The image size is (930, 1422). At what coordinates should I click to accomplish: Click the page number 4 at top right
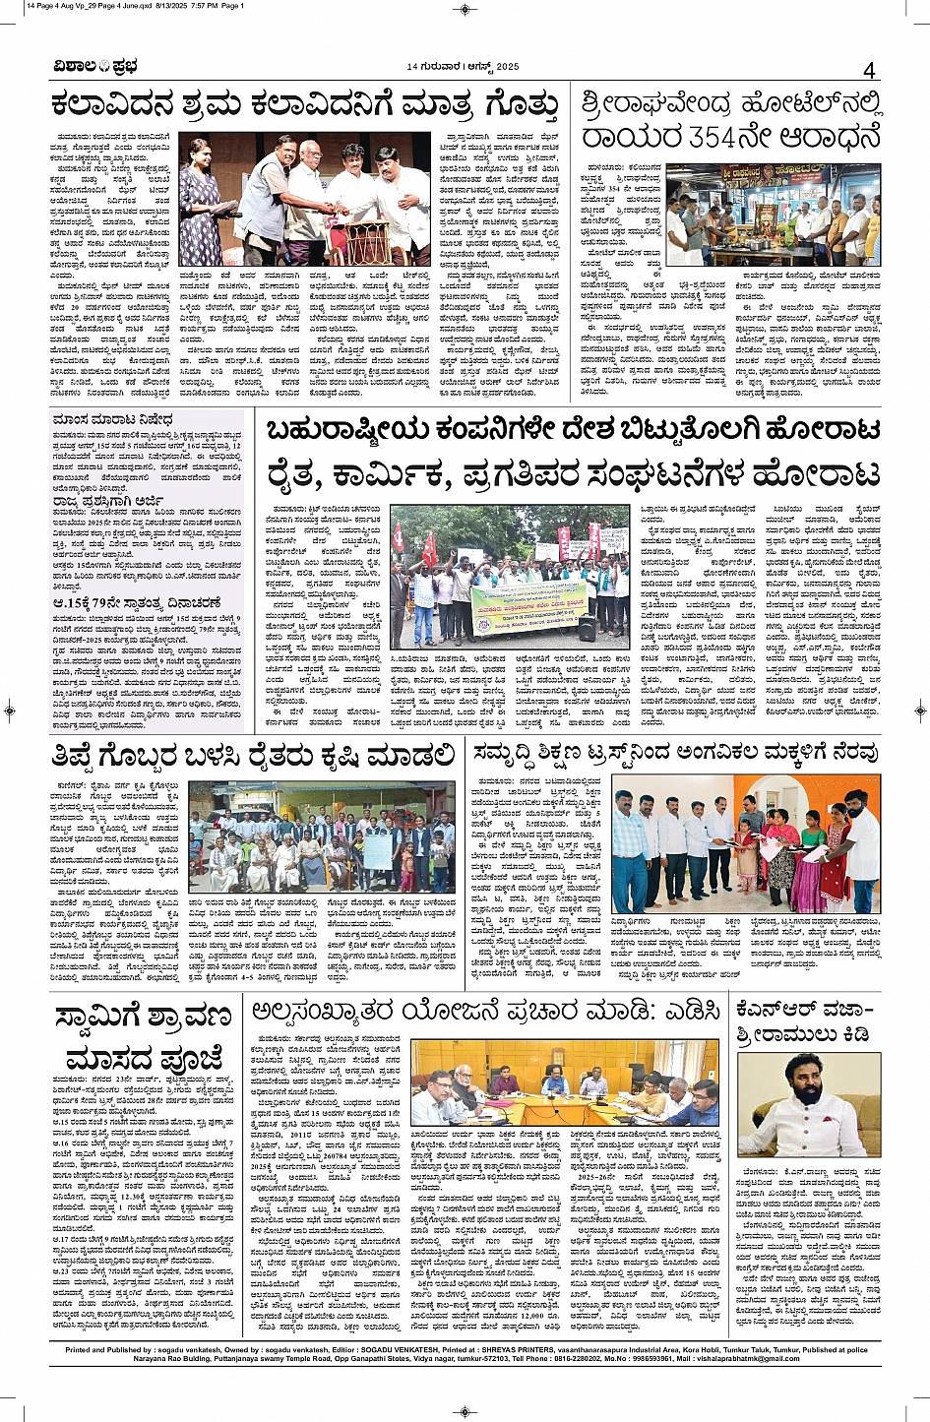point(869,70)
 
